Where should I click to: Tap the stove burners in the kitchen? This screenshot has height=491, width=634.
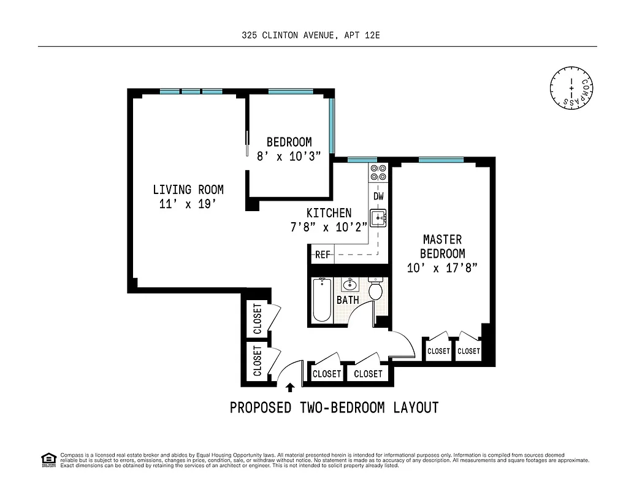click(378, 172)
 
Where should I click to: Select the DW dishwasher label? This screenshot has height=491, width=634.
click(378, 196)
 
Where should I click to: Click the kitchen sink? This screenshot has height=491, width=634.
click(377, 217)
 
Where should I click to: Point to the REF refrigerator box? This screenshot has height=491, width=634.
click(322, 254)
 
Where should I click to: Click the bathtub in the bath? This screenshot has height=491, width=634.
click(322, 300)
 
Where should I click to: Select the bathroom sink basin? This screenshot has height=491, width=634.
click(349, 284)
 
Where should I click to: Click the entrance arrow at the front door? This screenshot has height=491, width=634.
click(290, 387)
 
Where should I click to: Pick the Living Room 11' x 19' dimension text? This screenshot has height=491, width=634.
click(187, 204)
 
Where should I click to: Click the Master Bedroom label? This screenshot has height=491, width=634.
click(442, 246)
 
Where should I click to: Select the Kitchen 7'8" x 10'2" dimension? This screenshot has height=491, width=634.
click(329, 226)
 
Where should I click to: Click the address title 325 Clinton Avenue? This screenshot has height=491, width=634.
click(311, 36)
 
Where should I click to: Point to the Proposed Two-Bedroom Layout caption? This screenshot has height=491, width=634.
click(334, 408)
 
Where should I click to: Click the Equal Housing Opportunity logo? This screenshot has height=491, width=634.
click(47, 459)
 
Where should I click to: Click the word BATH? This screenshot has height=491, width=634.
click(348, 300)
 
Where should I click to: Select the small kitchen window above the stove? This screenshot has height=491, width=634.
click(354, 160)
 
